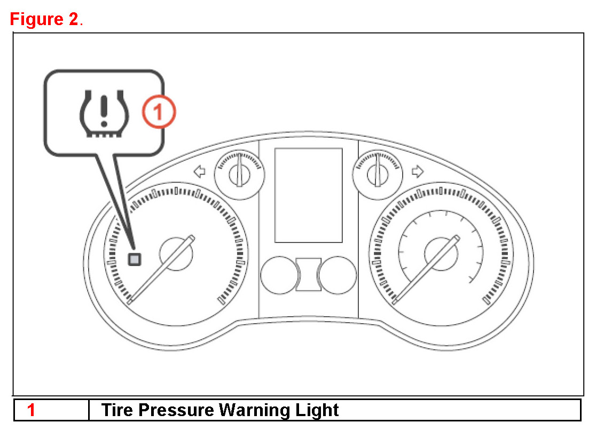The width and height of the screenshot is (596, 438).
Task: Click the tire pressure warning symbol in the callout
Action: pos(103,113)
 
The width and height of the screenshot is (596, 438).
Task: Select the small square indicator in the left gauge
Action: pos(135,260)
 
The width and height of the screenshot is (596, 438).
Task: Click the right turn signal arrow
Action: pos(418,171)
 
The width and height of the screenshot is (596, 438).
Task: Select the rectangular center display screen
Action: pos(308,195)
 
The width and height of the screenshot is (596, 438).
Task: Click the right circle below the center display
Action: pos(336,276)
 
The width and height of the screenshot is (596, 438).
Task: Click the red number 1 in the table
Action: pos(32,410)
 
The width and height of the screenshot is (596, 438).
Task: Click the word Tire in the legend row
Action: pos(117,410)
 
